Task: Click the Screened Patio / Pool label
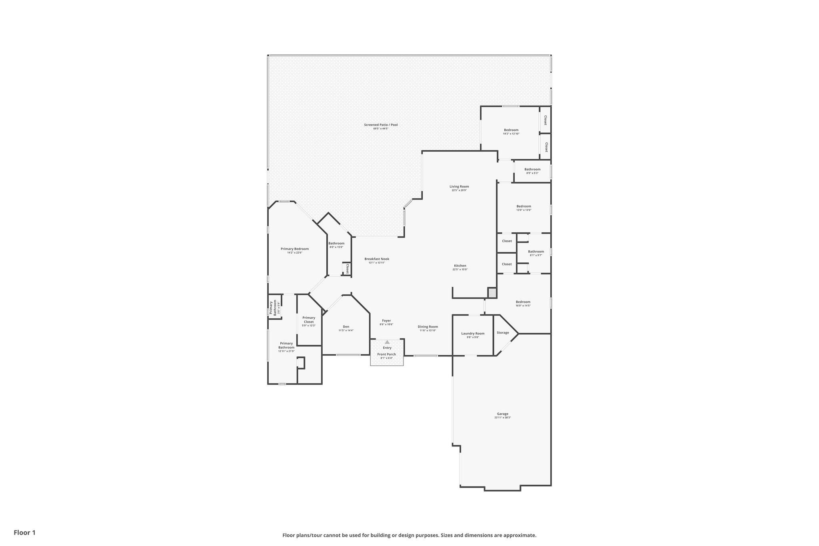(x=381, y=125)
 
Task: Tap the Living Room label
(x=459, y=186)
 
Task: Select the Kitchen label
(x=460, y=266)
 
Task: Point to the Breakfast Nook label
(x=377, y=259)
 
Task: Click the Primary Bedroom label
(x=295, y=249)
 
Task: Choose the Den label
(x=346, y=326)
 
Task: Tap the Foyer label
(x=386, y=320)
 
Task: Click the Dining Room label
(x=428, y=326)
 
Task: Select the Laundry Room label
(x=473, y=333)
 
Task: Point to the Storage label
(x=503, y=332)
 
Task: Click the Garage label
(x=503, y=414)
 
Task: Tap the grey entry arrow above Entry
(x=387, y=342)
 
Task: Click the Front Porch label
(x=387, y=354)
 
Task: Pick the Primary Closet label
(x=309, y=320)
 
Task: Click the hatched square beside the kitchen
(x=492, y=292)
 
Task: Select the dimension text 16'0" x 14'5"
(x=523, y=306)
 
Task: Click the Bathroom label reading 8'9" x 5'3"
(x=532, y=169)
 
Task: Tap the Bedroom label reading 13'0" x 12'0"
(x=523, y=206)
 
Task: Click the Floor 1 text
(x=25, y=532)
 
